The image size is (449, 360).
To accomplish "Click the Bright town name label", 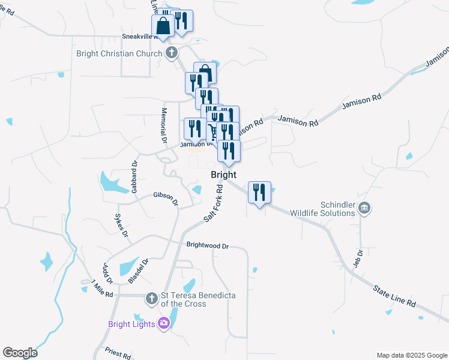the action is coord(223,175).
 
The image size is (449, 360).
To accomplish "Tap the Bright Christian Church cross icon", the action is coord(171,53).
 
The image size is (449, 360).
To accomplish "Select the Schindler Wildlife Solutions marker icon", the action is coord(364,208).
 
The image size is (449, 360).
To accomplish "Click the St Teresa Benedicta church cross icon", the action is coord(152,297).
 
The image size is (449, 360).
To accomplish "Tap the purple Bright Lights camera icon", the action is coord(163,325).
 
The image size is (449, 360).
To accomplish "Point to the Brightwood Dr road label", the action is coord(208,245).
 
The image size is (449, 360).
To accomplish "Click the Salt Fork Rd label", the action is coord(214,204).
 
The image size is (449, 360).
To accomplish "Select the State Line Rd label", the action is coord(394,296).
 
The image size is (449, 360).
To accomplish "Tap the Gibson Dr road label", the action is coord(166,199).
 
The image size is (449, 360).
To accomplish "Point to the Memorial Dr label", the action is coord(163,125).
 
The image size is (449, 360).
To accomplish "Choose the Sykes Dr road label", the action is coord(121,225).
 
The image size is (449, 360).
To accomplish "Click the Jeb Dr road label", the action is coord(359,259).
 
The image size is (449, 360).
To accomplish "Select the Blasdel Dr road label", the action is coord(137,271).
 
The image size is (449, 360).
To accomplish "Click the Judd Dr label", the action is coord(107,274).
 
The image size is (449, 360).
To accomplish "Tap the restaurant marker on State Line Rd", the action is coord(259,193).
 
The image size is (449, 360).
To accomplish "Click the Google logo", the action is coord(20,353).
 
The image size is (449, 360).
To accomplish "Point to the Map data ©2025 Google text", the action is coord(411,355).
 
